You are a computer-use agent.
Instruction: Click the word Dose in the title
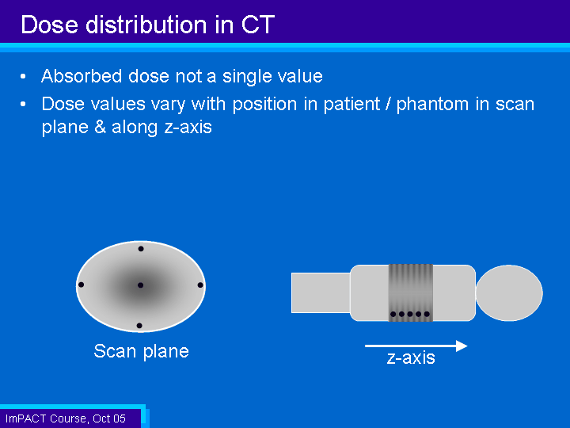pyautogui.click(x=49, y=25)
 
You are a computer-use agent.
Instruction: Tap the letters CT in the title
pyautogui.click(x=258, y=25)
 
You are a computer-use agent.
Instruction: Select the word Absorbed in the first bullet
pyautogui.click(x=82, y=76)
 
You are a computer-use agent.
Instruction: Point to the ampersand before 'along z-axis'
pyautogui.click(x=100, y=127)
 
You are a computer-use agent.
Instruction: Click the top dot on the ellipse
pyautogui.click(x=141, y=249)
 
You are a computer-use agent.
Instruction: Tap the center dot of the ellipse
pyautogui.click(x=140, y=285)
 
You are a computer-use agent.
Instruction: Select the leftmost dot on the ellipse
pyautogui.click(x=81, y=285)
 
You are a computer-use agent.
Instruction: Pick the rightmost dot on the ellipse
pyautogui.click(x=200, y=285)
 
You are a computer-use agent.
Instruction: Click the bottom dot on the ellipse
pyautogui.click(x=139, y=326)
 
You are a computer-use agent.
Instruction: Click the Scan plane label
pyautogui.click(x=142, y=351)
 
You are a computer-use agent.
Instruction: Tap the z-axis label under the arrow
pyautogui.click(x=411, y=357)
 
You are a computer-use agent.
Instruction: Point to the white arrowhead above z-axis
pyautogui.click(x=462, y=346)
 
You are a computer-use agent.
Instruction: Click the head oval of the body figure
pyautogui.click(x=509, y=293)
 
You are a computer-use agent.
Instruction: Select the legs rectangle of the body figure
pyautogui.click(x=321, y=293)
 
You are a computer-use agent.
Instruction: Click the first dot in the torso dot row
pyautogui.click(x=393, y=314)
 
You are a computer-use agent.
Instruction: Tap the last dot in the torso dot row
pyautogui.click(x=427, y=314)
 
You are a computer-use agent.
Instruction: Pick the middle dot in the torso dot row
pyautogui.click(x=410, y=314)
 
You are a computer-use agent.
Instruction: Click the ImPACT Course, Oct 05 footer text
pyautogui.click(x=66, y=418)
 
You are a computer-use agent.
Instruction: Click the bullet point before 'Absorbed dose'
pyautogui.click(x=23, y=76)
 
